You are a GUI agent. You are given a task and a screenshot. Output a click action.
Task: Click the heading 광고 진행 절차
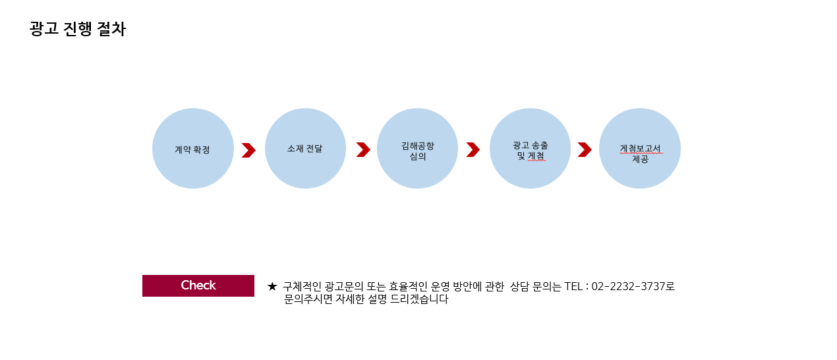coord(77,30)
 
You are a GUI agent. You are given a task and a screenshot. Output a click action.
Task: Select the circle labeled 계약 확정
coord(193,148)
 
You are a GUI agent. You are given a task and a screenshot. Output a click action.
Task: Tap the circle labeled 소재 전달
coord(305,148)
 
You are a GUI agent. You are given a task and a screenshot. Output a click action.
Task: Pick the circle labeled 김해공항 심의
coord(417,148)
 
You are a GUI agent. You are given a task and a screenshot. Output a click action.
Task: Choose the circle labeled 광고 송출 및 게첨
coord(530,148)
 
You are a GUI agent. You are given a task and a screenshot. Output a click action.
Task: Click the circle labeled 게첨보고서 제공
coord(640,148)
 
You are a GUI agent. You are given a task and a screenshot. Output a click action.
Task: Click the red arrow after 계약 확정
coord(248,150)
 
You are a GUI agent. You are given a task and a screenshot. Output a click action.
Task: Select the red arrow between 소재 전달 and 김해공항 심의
coord(363,150)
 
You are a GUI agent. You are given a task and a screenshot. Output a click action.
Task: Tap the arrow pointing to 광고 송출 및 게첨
coord(473,150)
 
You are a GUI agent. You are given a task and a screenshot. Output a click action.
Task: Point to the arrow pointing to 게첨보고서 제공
coord(585,150)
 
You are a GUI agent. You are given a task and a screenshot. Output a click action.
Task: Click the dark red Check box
coord(198,285)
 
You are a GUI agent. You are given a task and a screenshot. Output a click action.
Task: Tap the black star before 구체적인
coord(272,287)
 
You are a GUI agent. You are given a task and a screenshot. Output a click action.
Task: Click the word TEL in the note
coord(573,287)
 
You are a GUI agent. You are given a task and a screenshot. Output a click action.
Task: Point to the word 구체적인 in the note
coord(303,287)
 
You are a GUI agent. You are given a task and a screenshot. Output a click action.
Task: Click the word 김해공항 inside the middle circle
coord(418,145)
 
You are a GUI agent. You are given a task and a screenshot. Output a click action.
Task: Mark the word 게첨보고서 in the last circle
coord(640,148)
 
